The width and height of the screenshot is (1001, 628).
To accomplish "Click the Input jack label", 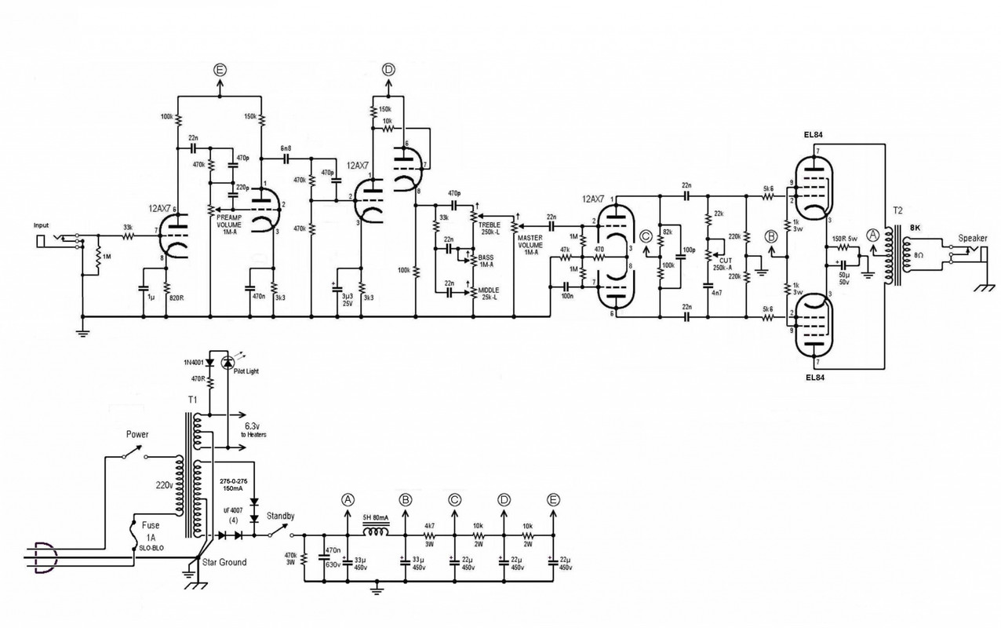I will pyautogui.click(x=41, y=225).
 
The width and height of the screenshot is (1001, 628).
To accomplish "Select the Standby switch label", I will pyautogui.click(x=280, y=516).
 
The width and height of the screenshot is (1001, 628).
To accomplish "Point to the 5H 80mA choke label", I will pyautogui.click(x=376, y=517).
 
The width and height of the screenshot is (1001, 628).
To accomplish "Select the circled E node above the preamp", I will pyautogui.click(x=220, y=71).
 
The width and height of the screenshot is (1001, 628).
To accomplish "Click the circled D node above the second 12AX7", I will pyautogui.click(x=388, y=71).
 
